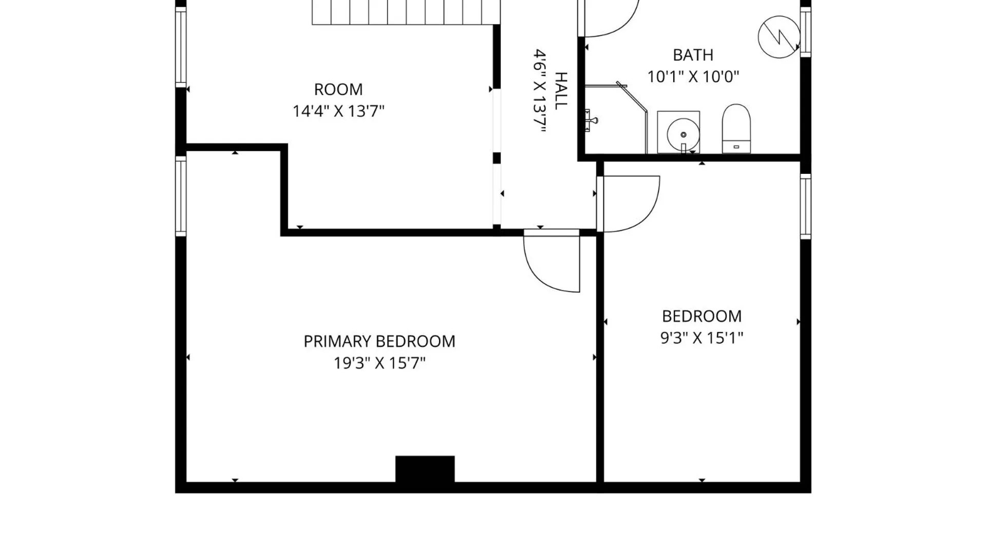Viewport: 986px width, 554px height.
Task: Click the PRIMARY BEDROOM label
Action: pyautogui.click(x=379, y=341)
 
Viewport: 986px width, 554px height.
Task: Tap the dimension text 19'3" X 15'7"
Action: pyautogui.click(x=380, y=363)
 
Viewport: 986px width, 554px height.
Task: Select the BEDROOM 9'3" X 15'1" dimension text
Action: pyautogui.click(x=701, y=338)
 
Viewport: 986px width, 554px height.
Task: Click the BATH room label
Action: pyautogui.click(x=693, y=55)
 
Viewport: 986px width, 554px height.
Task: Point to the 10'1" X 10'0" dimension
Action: pyautogui.click(x=693, y=77)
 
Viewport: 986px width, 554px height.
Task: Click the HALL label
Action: pyautogui.click(x=561, y=91)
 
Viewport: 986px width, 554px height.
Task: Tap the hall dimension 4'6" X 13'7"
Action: pyautogui.click(x=539, y=91)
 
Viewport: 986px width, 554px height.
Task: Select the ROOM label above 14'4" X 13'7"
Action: pyautogui.click(x=338, y=89)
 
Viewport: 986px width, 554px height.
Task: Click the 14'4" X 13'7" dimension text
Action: pyautogui.click(x=338, y=111)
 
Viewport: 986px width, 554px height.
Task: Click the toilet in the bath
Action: pyautogui.click(x=736, y=129)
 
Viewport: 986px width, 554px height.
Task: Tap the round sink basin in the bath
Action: pyautogui.click(x=683, y=134)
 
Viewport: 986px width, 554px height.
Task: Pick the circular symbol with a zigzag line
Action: pyautogui.click(x=779, y=37)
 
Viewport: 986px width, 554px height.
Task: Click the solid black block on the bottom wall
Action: pyautogui.click(x=425, y=469)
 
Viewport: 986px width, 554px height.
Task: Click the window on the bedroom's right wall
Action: pyautogui.click(x=805, y=206)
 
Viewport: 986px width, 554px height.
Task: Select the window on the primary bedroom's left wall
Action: pyautogui.click(x=181, y=196)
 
